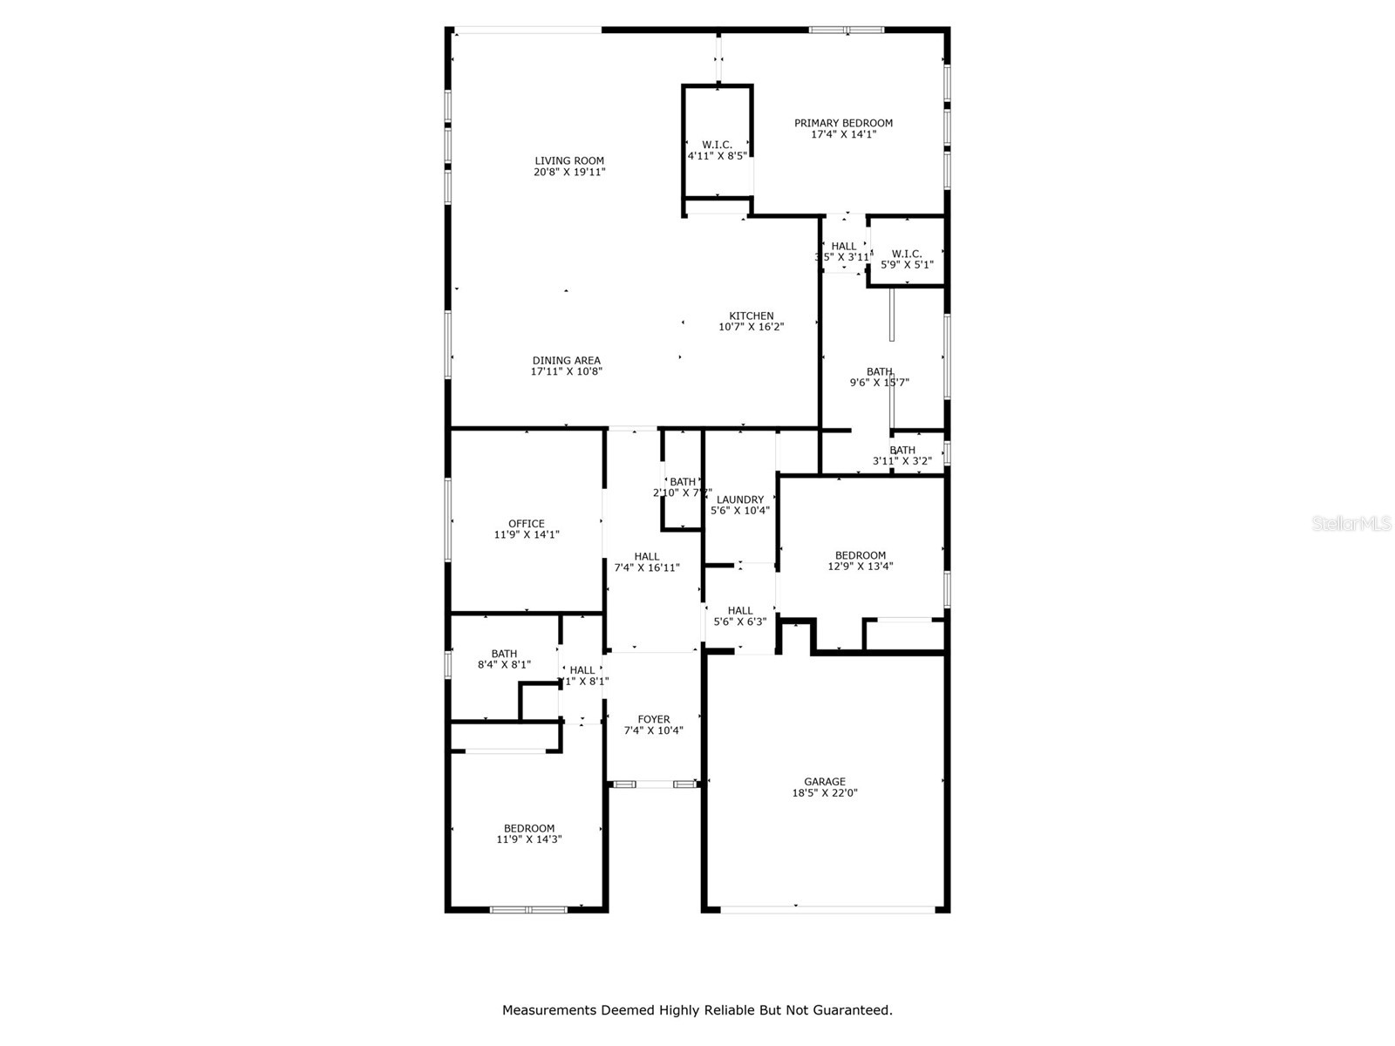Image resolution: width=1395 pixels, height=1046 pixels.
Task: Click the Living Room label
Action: [x=569, y=160]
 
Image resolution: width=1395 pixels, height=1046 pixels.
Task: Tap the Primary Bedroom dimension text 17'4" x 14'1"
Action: [x=843, y=134]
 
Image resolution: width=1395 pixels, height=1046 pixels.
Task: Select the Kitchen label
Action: [x=751, y=316]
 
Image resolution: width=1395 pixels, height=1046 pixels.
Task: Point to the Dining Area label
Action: [x=566, y=360]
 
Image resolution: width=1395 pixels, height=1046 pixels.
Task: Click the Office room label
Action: [x=526, y=523]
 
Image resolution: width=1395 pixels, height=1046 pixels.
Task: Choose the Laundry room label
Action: [x=739, y=499]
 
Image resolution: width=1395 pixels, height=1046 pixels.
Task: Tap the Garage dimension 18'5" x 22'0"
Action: [x=824, y=793]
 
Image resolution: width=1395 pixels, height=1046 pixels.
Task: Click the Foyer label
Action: [x=653, y=719]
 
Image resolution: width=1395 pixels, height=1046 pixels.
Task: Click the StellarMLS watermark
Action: [x=1352, y=523]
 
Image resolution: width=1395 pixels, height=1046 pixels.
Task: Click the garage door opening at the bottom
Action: [x=827, y=910]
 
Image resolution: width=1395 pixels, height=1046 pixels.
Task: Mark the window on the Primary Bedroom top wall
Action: [x=847, y=30]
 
